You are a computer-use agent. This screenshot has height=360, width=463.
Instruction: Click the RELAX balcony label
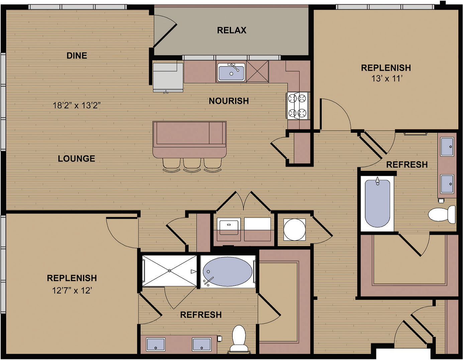[x=232, y=30]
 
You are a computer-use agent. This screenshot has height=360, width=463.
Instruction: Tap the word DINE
[x=77, y=55]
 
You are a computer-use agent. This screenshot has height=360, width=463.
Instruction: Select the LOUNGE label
[x=77, y=159]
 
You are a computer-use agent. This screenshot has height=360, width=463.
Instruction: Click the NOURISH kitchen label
[x=229, y=101]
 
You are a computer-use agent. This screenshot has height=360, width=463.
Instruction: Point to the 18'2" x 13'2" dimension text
[x=77, y=105]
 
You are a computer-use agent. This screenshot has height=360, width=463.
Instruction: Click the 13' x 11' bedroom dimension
[x=387, y=78]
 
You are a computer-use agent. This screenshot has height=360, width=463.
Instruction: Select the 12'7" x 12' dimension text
[x=72, y=290]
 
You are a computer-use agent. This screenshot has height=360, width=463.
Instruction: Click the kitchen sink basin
[x=231, y=72]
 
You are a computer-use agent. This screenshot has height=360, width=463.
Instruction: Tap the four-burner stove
[x=298, y=106]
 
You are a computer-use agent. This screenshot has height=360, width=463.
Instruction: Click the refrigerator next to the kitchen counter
[x=168, y=76]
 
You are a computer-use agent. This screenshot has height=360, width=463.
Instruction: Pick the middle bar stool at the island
[x=192, y=165]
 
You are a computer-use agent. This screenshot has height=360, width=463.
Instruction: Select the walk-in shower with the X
[x=169, y=271]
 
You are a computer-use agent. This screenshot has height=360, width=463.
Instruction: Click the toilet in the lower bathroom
[x=239, y=339]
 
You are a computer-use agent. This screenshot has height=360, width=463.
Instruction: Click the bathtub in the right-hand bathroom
[x=377, y=203]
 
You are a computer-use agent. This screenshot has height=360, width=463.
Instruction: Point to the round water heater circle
[x=295, y=229]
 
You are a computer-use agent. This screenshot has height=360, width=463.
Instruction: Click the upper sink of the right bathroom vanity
[x=447, y=147]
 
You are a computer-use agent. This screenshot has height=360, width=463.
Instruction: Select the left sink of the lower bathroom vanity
[x=156, y=344]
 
